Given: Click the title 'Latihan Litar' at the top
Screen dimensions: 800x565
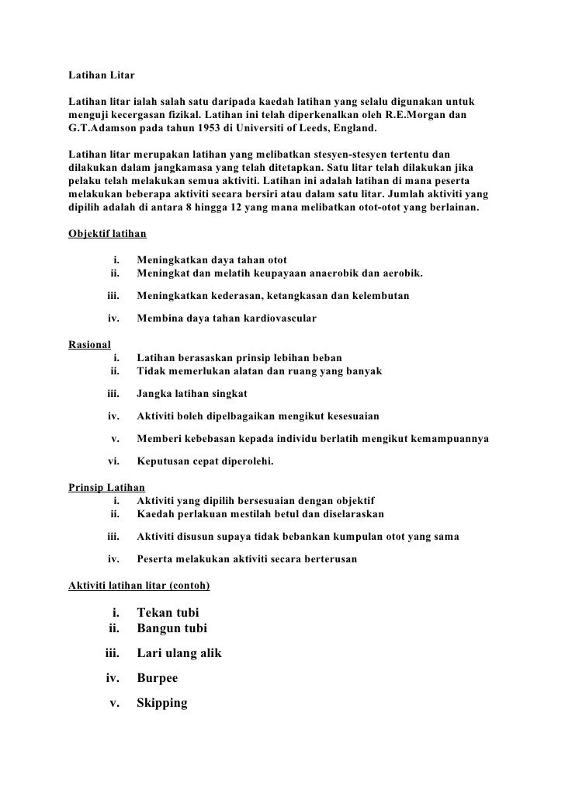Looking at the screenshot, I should point(102,76).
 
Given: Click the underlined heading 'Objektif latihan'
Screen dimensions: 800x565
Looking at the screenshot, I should point(107,233).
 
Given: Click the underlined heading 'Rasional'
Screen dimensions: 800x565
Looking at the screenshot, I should point(90,343).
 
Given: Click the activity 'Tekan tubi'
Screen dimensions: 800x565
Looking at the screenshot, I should point(168,612).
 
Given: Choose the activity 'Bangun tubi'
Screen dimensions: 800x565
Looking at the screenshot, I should point(172,628).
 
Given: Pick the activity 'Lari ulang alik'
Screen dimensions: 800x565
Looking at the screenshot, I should point(179,653).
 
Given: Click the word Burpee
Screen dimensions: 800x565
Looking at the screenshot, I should point(157,678).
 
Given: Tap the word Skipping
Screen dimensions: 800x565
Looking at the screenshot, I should point(162,703).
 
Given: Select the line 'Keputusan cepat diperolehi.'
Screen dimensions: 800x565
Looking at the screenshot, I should point(206,461).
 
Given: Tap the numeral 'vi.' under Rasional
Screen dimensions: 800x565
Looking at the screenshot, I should point(113,461).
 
